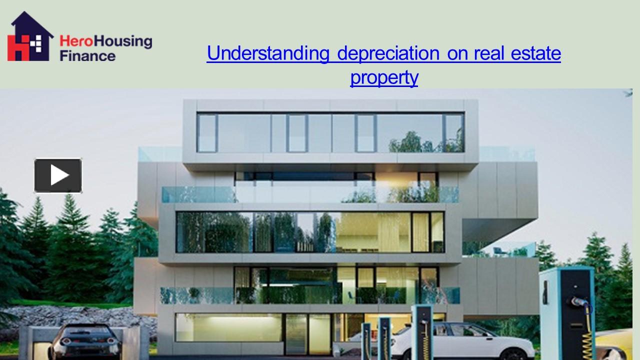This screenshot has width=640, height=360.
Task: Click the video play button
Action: coord(58,175)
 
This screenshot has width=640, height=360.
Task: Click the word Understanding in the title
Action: coord(268,53)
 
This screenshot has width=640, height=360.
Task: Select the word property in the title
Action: coord(384,77)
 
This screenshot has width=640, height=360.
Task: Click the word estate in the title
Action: coord(535,53)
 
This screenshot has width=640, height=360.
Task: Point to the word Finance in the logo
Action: coord(87,55)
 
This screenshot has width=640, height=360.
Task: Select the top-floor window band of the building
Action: coord(330,133)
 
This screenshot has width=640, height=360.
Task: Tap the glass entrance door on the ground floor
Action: coord(308,334)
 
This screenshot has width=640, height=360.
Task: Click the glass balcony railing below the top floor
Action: coord(310,194)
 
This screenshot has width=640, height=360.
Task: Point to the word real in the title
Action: coord(489,53)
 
